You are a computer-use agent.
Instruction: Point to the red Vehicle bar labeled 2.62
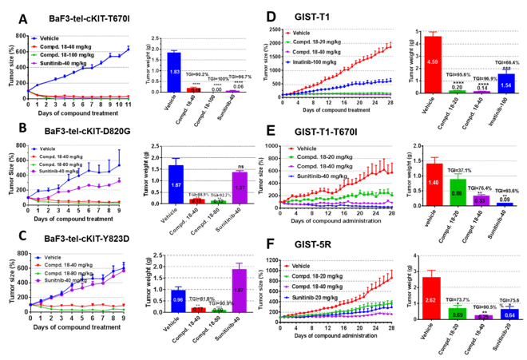point(431,298)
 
